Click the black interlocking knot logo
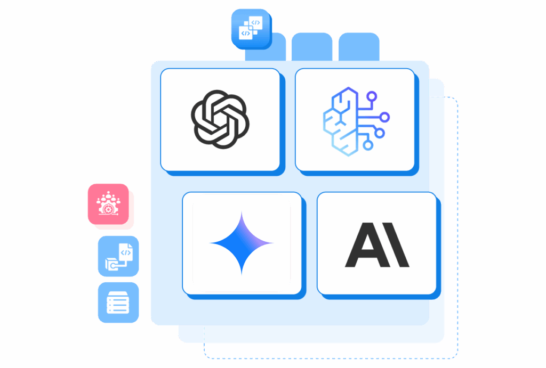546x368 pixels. [x=220, y=119]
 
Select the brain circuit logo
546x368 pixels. [x=356, y=121]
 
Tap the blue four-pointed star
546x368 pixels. [x=242, y=243]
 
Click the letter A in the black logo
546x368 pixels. [x=367, y=245]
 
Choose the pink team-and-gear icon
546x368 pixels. [x=108, y=204]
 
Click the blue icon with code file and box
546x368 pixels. [x=118, y=256]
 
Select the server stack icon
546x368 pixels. [x=118, y=302]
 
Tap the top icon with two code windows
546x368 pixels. [x=252, y=29]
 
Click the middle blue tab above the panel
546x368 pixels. [x=312, y=47]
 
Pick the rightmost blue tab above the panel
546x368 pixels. [x=359, y=47]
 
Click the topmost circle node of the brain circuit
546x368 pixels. [x=372, y=96]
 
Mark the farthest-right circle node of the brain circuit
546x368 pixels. [x=384, y=117]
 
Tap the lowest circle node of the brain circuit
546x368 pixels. [x=368, y=145]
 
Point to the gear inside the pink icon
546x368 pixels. [x=108, y=209]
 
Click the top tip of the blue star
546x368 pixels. [x=242, y=211]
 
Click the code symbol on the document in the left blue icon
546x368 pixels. [x=126, y=253]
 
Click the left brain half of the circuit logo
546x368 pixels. [x=340, y=121]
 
